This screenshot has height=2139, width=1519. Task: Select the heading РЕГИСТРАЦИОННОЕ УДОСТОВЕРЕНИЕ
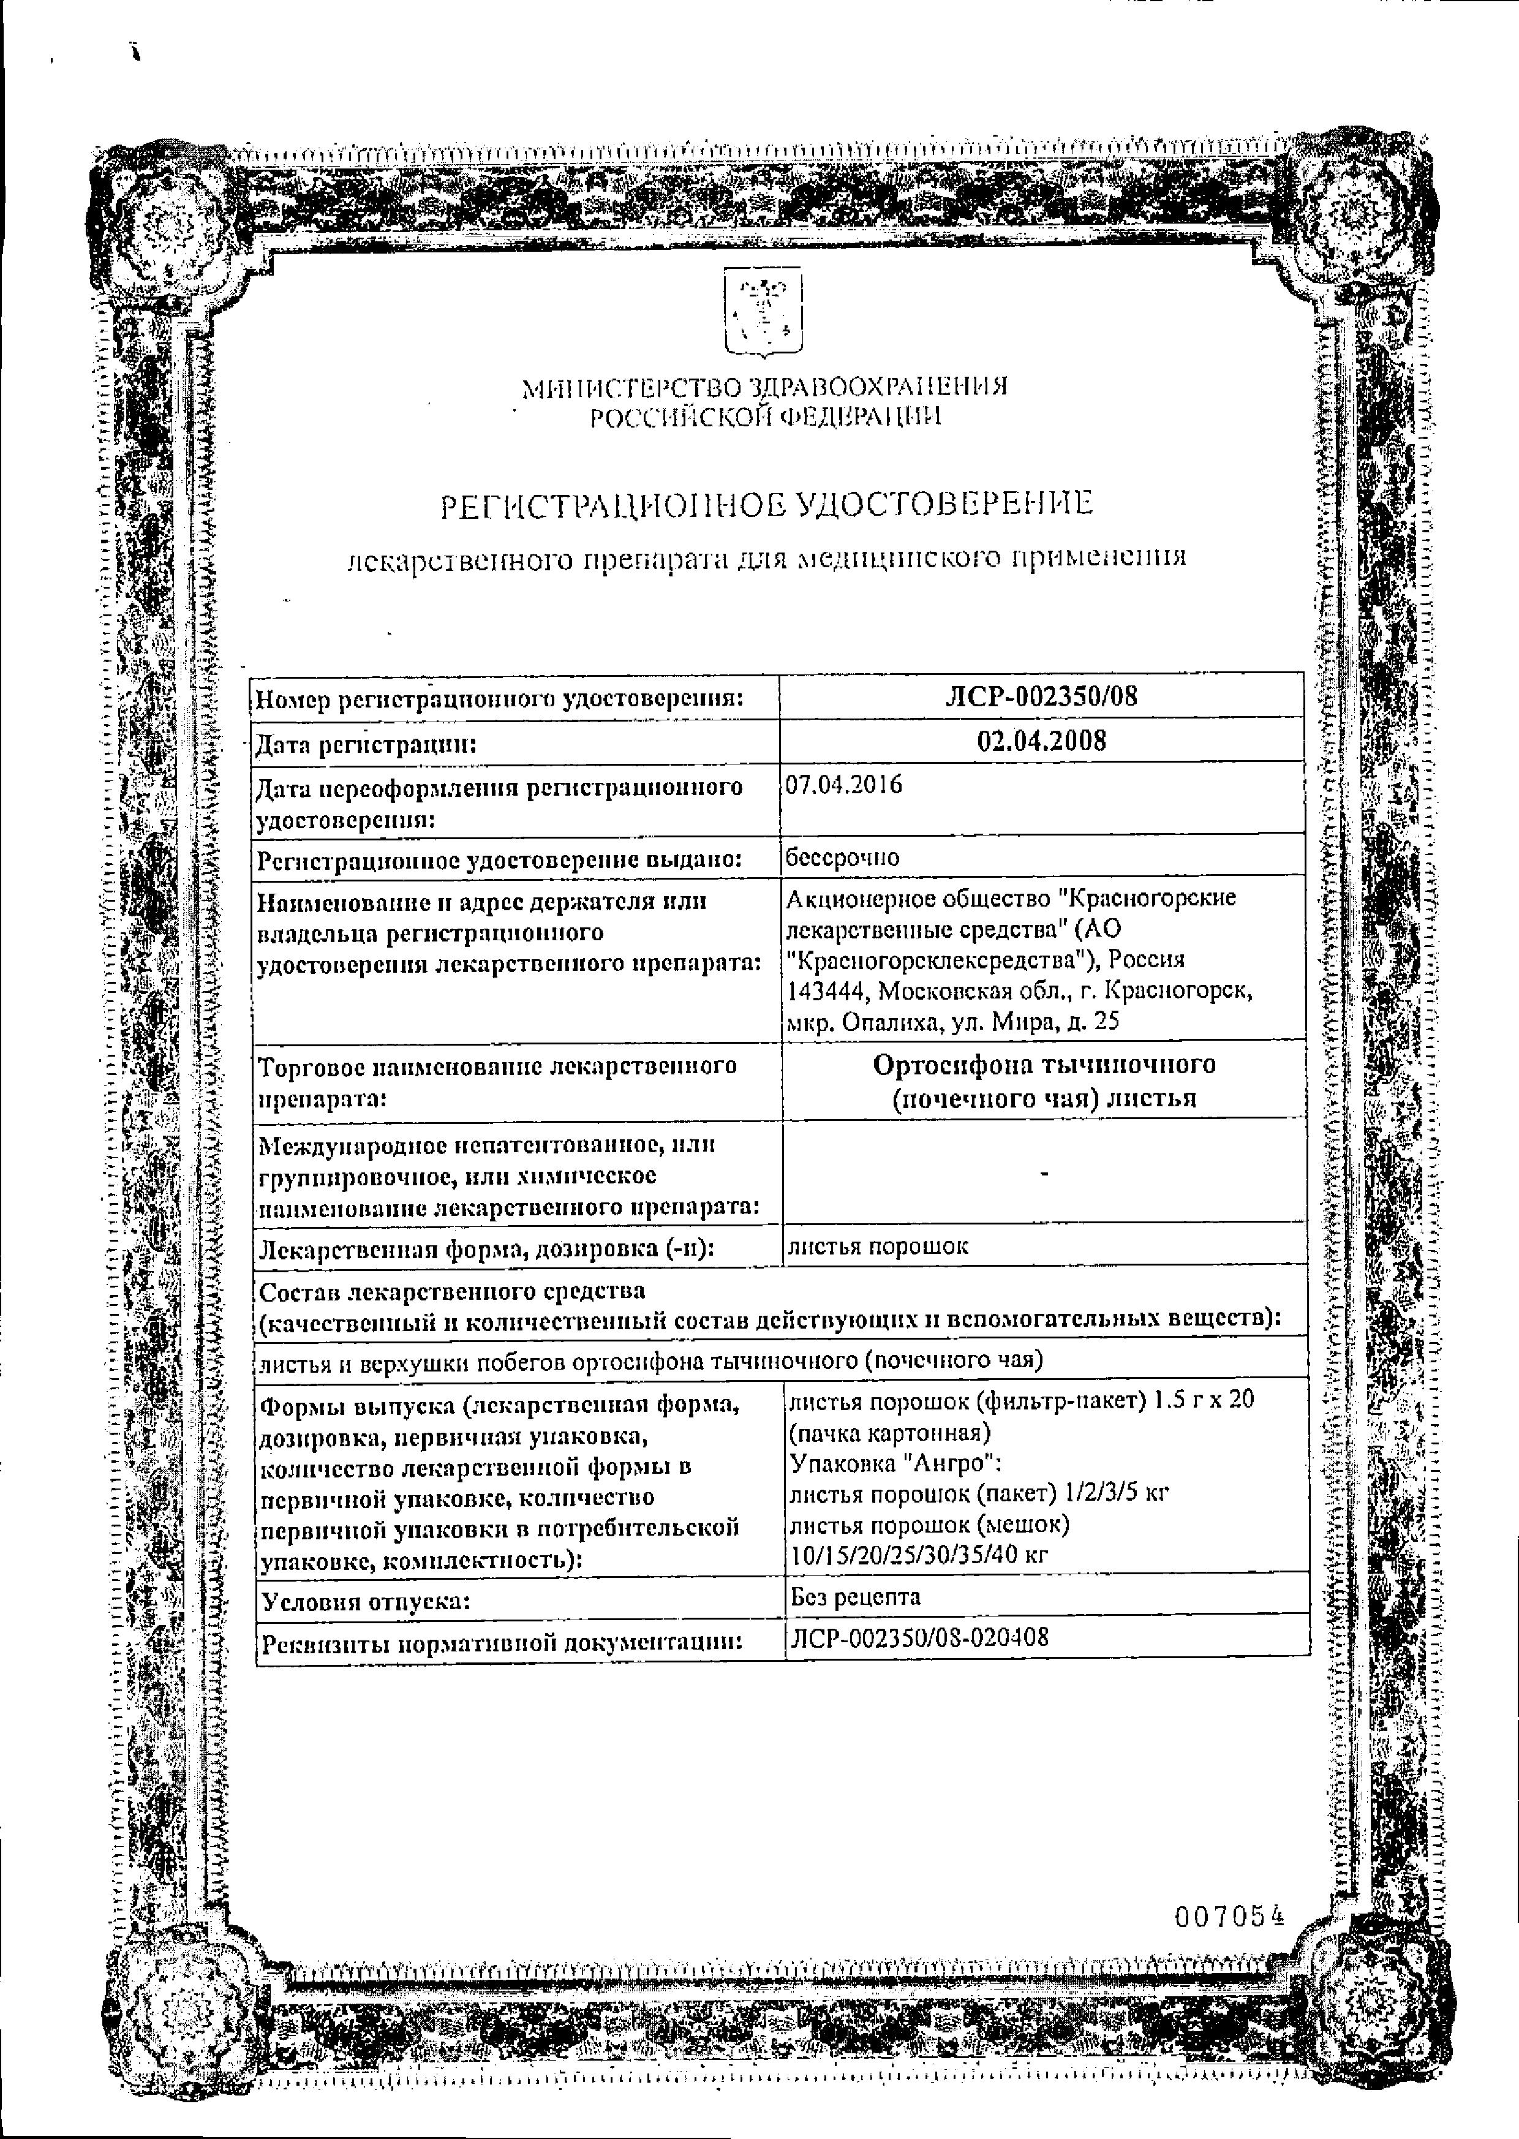[765, 505]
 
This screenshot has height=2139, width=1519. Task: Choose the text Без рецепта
[855, 1596]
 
